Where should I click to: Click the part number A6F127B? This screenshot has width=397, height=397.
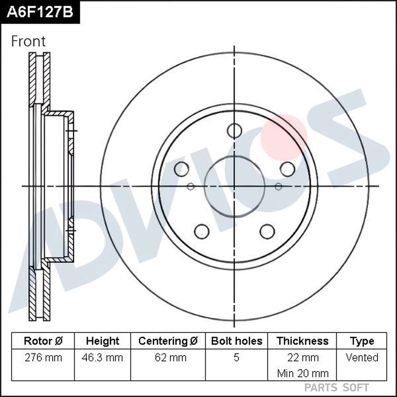coord(40,12)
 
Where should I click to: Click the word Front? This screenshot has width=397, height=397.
coord(28,41)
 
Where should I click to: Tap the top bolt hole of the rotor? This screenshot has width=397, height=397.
coord(234,131)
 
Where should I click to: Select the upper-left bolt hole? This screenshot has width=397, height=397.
coord(181,169)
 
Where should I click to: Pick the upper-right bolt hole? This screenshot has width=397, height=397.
coord(287,169)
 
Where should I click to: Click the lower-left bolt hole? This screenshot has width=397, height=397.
coord(202,231)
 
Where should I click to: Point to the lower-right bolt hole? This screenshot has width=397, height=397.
coord(267,231)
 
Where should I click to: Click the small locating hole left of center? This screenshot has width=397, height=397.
coord(191,187)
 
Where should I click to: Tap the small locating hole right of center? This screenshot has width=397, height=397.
coord(278,187)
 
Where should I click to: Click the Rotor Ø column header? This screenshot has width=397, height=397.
coord(43,341)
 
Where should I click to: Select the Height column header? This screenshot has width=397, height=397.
coord(102,341)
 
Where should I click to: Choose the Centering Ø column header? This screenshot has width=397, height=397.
coord(168,341)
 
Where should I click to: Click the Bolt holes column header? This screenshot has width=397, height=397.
coord(236,341)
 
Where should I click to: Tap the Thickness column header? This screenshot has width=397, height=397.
coord(302,341)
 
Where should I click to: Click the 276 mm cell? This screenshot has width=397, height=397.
coord(43,357)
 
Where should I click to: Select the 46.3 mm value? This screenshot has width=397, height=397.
coord(102,357)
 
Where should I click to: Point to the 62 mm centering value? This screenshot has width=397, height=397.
coord(168,357)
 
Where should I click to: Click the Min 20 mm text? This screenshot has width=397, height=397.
coord(303,373)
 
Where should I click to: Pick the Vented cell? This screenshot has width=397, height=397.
coord(362,357)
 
